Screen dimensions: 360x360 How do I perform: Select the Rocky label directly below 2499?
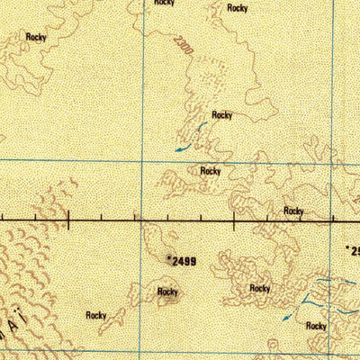click(x=167, y=292)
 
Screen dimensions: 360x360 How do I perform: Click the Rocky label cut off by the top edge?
click(x=164, y=4)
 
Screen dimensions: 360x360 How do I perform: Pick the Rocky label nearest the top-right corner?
click(x=238, y=8)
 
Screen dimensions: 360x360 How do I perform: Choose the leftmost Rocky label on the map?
click(x=36, y=37)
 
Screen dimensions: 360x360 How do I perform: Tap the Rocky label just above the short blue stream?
click(x=222, y=115)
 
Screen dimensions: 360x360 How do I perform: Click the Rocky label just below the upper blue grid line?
click(x=211, y=170)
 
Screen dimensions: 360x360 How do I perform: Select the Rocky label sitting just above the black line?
click(x=293, y=211)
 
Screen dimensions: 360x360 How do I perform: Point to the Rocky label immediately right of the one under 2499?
click(x=260, y=289)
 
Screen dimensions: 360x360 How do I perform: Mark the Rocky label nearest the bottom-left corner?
click(x=96, y=315)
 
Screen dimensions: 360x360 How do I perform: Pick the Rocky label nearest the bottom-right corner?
click(x=316, y=326)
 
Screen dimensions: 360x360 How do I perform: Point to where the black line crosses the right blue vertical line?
click(x=331, y=218)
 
